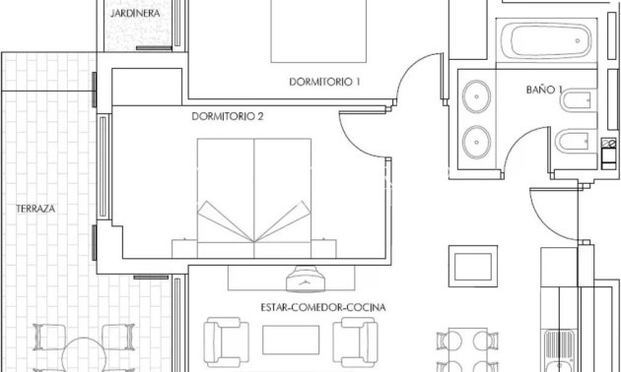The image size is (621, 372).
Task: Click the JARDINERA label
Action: coord(137,15)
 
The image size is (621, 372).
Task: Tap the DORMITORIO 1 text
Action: coord(324,82)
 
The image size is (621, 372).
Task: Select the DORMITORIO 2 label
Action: coord(228,116)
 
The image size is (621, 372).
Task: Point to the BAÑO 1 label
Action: coord(544,90)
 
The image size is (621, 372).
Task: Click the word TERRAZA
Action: coord(34,209)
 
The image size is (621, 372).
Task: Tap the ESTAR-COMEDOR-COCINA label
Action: coord(322,307)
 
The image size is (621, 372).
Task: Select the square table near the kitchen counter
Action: coord(472,265)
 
